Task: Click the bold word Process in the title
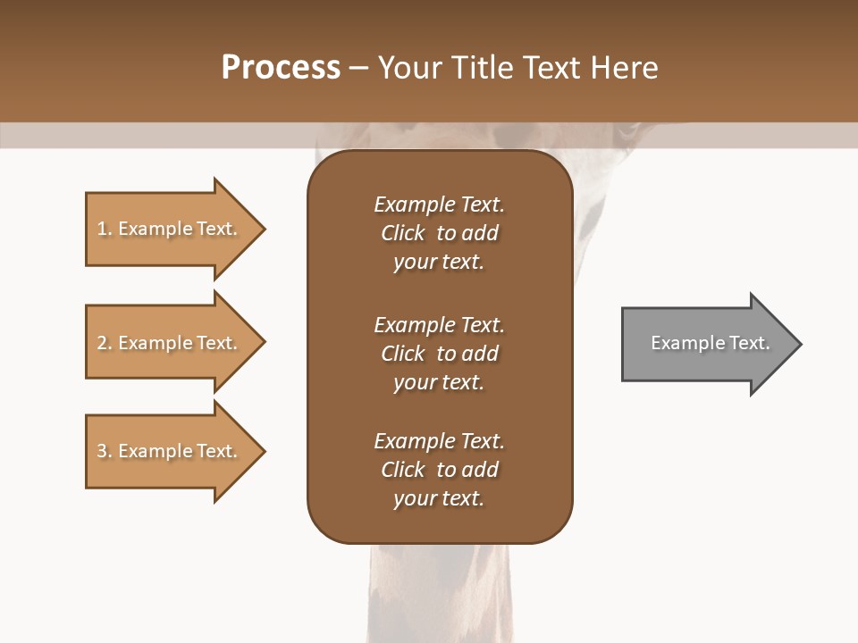point(281,68)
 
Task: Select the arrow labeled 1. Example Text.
point(167,229)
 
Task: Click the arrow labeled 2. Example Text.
point(167,343)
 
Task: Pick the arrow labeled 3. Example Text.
point(167,451)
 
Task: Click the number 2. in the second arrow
point(105,343)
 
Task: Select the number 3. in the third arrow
point(105,451)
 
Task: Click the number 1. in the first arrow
point(105,229)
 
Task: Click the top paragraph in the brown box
point(439,233)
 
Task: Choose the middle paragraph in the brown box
point(439,354)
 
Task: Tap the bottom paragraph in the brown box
point(439,470)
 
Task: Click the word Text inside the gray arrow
point(750,343)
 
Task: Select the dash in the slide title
point(358,68)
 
